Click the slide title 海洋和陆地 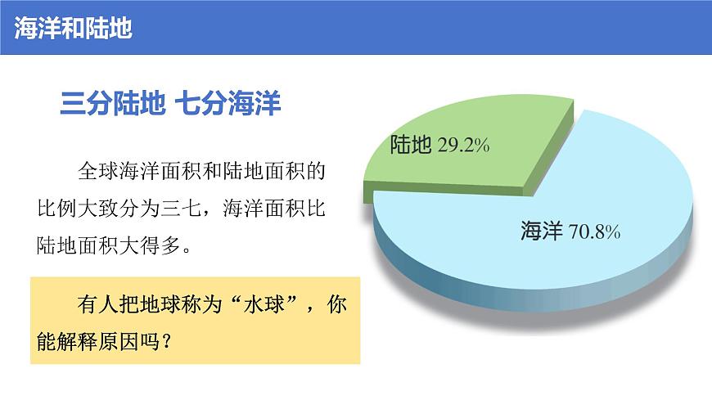pyautogui.click(x=73, y=28)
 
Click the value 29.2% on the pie pyautogui.click(x=463, y=146)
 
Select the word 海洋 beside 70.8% pyautogui.click(x=541, y=231)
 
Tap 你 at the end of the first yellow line pyautogui.click(x=336, y=303)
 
